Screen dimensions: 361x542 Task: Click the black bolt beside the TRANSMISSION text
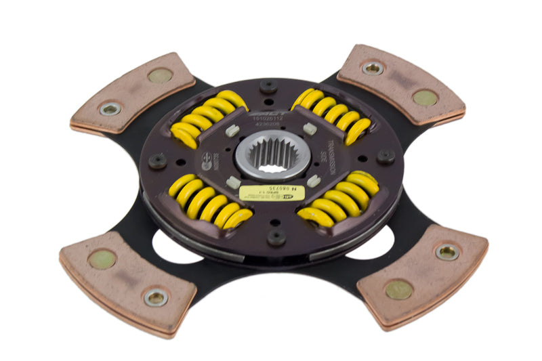(385, 156)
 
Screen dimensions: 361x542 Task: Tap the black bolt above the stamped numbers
(268, 86)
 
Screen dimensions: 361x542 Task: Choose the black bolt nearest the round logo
(158, 161)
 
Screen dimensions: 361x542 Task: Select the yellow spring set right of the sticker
(339, 200)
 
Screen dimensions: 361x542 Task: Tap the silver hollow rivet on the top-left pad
(110, 108)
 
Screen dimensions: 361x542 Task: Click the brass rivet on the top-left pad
(160, 75)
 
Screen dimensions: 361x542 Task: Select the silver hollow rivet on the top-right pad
(373, 68)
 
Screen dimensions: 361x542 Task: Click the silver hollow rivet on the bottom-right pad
(447, 252)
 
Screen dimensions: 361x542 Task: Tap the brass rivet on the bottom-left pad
(102, 258)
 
